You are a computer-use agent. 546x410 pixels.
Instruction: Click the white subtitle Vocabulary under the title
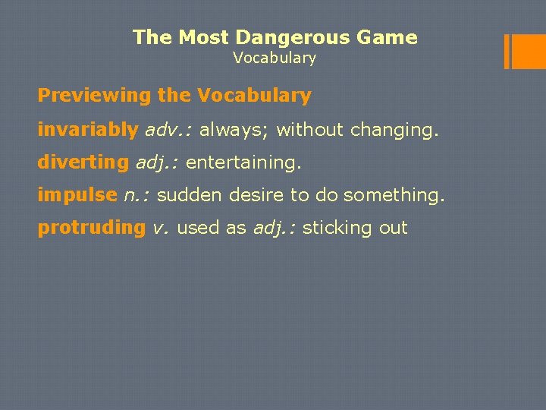pos(275,58)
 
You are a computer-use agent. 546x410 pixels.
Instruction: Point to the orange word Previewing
pos(95,96)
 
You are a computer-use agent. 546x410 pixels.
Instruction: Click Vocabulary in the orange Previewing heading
pos(254,96)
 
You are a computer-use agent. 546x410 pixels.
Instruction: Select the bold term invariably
pos(88,130)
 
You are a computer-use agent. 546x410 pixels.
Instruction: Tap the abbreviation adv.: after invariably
pos(169,130)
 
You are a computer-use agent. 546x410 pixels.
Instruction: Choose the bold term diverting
pos(83,162)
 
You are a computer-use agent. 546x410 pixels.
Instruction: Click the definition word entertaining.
pos(243,162)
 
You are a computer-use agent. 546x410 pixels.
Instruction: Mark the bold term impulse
pos(77,195)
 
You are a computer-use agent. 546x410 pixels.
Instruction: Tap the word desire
pos(253,195)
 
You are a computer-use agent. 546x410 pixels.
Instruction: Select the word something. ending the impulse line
pos(394,195)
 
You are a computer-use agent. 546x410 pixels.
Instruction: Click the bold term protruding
pos(92,228)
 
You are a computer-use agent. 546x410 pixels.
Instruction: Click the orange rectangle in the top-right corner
pos(524,52)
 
